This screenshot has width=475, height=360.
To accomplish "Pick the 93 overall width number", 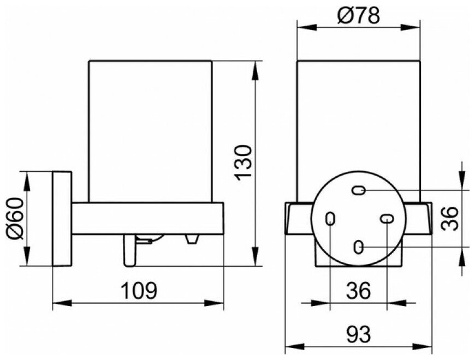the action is click(358, 332).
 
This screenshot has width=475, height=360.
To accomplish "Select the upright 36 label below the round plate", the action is click(358, 290).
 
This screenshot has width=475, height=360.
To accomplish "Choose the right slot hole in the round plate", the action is click(387, 219).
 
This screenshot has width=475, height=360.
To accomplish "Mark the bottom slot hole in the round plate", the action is click(359, 247).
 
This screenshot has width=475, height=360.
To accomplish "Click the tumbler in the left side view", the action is click(149, 131).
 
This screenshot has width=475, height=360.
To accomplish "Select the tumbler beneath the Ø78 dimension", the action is click(358, 125).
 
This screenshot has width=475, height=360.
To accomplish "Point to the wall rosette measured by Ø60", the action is click(62, 219).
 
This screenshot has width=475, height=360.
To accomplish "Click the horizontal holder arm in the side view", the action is click(147, 218).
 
